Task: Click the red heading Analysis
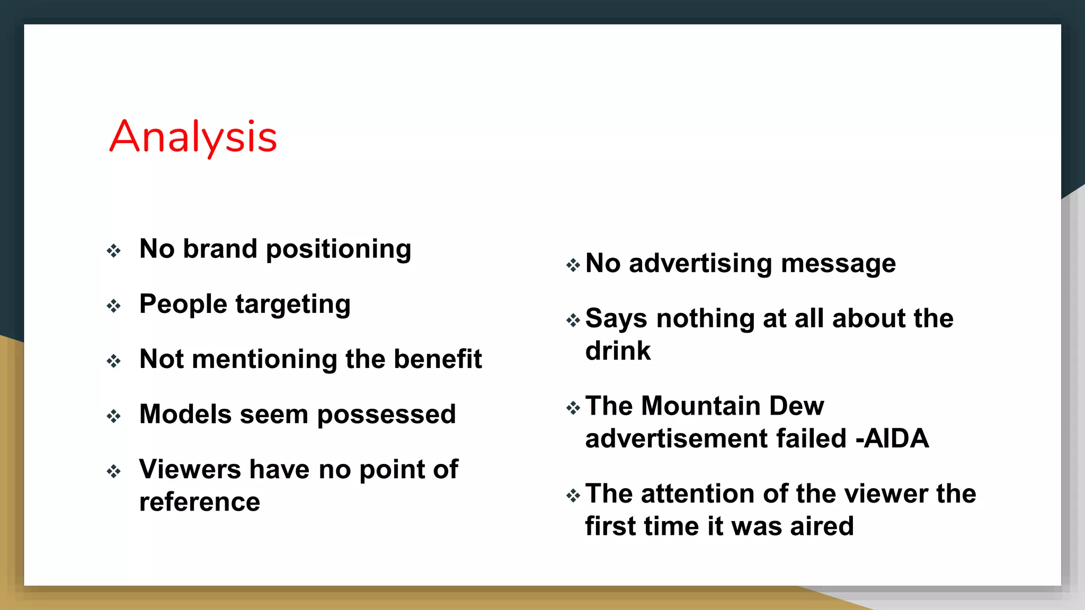tap(193, 137)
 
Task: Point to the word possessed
tap(386, 415)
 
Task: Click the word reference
tap(200, 502)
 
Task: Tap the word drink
tap(618, 351)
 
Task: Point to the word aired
tap(822, 526)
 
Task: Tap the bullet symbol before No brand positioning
tap(113, 250)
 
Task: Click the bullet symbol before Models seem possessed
tap(113, 416)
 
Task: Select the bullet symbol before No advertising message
tap(573, 265)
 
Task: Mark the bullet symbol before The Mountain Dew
tap(573, 408)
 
